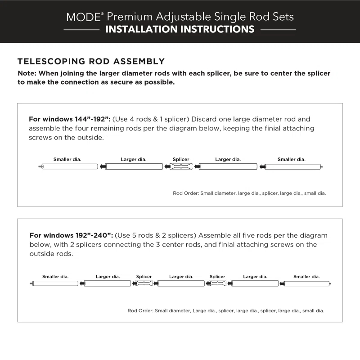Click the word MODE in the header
tap(83, 17)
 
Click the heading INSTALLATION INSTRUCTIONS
tap(180, 30)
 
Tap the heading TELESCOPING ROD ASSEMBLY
tap(91, 61)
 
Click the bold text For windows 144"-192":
tap(69, 119)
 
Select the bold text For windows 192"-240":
tap(71, 235)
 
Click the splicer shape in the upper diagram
tap(181, 166)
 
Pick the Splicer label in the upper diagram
tap(181, 159)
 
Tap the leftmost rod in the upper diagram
tap(70, 166)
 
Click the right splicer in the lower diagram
tap(217, 283)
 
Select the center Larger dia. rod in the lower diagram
tap(181, 283)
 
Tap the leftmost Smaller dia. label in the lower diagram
tap(55, 277)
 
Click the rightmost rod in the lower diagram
tap(306, 283)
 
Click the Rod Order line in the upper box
tap(249, 193)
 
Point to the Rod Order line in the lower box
tap(225, 310)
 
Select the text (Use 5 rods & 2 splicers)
tap(155, 235)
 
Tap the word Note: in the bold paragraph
tap(27, 73)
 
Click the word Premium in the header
tap(131, 17)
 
